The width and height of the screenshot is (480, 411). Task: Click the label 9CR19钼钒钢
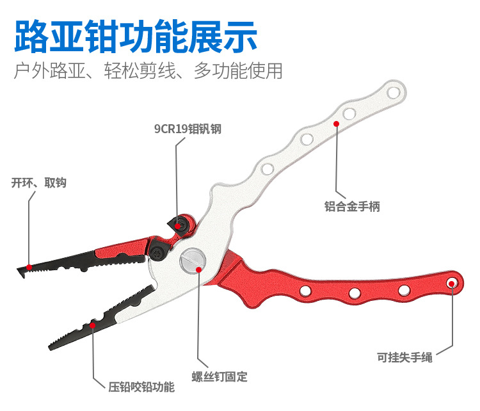coord(188,128)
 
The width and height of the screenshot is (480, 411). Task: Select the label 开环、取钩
coord(38,183)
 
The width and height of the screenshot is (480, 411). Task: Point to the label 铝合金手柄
coord(353,207)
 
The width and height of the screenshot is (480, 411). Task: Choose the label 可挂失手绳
coord(404,357)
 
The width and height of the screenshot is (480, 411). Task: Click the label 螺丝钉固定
coord(219,377)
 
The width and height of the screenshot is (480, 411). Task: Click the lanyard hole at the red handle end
coord(452,282)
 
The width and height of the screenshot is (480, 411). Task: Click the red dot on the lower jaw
coord(93,325)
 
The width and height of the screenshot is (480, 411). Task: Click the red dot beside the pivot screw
coord(200,269)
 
